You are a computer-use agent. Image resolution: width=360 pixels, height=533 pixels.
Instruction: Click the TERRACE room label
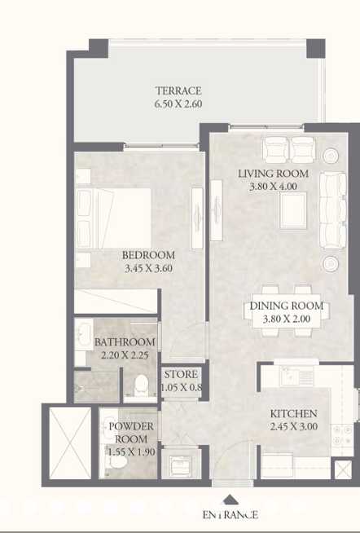pos(178,91)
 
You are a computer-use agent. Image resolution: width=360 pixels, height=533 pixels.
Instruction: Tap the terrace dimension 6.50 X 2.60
pos(178,104)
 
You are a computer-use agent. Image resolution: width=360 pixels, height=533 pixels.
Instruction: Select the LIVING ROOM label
pos(273,174)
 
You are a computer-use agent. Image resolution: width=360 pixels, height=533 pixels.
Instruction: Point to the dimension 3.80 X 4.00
pos(273,187)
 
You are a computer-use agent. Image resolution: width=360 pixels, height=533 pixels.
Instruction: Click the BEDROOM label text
pos(148,255)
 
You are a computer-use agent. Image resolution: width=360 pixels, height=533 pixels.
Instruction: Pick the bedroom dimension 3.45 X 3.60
pos(148,268)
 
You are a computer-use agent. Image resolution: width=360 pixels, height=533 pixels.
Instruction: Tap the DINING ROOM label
pos(286,306)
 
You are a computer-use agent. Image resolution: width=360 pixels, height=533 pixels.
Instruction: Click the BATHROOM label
pos(125,342)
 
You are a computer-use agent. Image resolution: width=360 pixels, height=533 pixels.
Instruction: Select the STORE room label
pos(180,375)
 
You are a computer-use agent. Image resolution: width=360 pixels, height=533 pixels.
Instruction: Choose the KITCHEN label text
pos(294,413)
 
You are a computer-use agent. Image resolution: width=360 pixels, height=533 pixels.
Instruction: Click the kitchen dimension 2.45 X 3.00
pos(294,426)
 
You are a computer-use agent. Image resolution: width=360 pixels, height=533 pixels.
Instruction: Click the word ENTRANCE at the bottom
pos(230,514)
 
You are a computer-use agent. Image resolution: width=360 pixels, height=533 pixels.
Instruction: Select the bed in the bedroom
pos(114,209)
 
